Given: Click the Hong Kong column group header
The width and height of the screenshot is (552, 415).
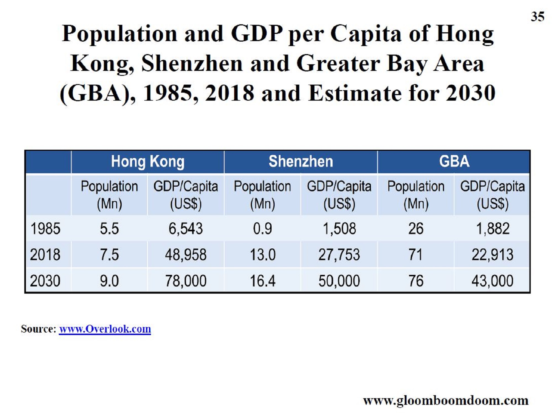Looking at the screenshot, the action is [148, 162].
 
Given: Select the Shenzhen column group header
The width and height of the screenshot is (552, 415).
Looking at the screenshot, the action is [301, 161].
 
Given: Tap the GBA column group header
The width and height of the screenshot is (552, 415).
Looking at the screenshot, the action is [454, 161].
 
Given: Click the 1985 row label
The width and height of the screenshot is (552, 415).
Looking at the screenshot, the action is [45, 229].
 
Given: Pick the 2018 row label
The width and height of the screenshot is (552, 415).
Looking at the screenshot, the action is [45, 255].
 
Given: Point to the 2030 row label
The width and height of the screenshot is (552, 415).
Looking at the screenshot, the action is [45, 281].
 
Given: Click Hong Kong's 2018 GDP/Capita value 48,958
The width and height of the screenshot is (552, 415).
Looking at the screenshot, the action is [186, 255].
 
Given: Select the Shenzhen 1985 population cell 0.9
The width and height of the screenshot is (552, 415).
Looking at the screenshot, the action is [262, 229].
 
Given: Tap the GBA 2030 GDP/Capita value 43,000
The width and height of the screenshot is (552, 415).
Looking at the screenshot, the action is [492, 281].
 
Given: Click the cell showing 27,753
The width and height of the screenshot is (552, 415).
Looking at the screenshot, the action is [339, 255].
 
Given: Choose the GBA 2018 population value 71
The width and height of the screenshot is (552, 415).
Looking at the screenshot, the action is [416, 255].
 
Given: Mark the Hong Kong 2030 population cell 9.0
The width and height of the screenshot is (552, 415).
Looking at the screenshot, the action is [109, 281].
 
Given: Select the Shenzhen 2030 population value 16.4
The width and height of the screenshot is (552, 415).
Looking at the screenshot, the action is [262, 281].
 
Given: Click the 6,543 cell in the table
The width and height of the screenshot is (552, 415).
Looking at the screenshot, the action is [186, 229].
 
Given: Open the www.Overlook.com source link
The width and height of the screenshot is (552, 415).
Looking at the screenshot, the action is [105, 329].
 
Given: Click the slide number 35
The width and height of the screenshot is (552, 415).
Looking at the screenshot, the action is [537, 17].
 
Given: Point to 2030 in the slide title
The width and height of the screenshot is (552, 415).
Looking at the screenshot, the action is [471, 93].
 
